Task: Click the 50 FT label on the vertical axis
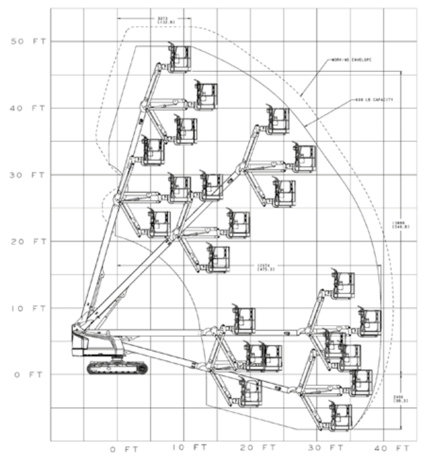[x=27, y=41]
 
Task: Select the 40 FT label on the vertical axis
[x=27, y=108]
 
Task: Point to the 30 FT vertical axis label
[x=27, y=175]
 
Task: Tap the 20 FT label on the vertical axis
[x=27, y=241]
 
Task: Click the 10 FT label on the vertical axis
[x=27, y=308]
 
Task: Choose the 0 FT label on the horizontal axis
[x=123, y=448]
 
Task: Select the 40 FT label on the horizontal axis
[x=393, y=448]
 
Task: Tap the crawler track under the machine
[x=117, y=368]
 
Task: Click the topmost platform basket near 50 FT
[x=180, y=58]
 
